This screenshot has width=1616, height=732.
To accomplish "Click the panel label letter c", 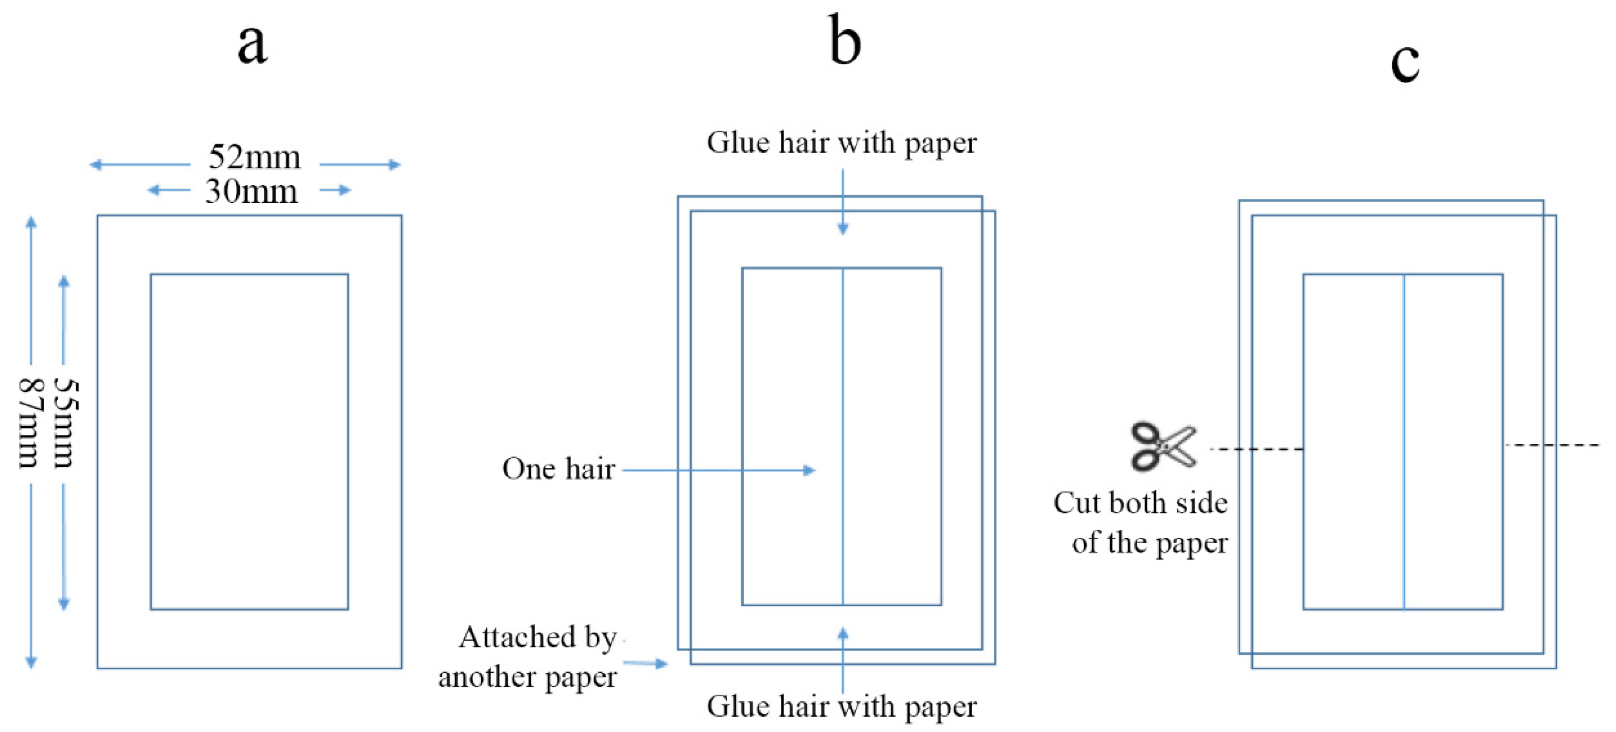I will [x=1405, y=63].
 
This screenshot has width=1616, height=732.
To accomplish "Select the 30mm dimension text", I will [x=251, y=191].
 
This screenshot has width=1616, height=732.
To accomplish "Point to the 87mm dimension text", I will [x=28, y=423].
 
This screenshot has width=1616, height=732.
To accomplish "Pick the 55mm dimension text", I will [x=65, y=423].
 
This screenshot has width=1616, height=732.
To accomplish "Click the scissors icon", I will [x=1163, y=446].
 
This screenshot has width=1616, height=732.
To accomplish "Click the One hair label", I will [x=558, y=469].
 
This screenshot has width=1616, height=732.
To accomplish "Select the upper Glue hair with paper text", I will [x=841, y=143].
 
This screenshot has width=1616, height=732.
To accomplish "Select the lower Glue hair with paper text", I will [x=841, y=706].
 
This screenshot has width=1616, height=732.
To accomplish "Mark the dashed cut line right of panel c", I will [x=1553, y=445].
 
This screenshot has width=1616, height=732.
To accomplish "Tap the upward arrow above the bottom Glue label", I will [x=843, y=635].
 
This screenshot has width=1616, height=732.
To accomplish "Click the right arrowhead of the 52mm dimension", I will [x=395, y=165].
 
